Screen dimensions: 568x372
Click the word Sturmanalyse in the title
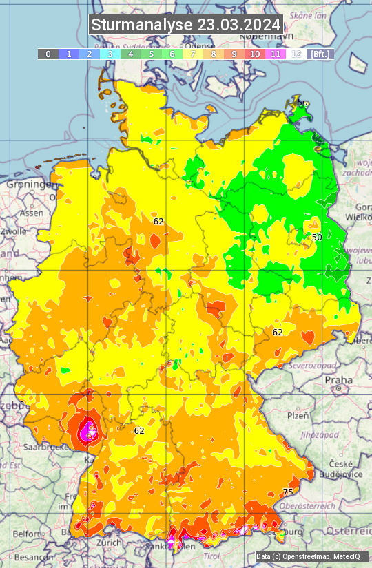142,25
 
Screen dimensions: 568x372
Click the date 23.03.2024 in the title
239,25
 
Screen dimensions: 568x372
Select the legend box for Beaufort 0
48,54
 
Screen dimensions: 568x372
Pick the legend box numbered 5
152,54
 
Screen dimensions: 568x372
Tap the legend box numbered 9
234,54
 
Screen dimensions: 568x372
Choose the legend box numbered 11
276,54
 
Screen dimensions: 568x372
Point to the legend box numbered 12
296,54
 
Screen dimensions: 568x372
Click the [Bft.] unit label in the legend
320,54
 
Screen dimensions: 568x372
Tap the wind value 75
288,492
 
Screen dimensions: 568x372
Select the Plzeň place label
298,415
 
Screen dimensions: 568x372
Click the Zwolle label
14,231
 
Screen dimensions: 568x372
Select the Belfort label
27,534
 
